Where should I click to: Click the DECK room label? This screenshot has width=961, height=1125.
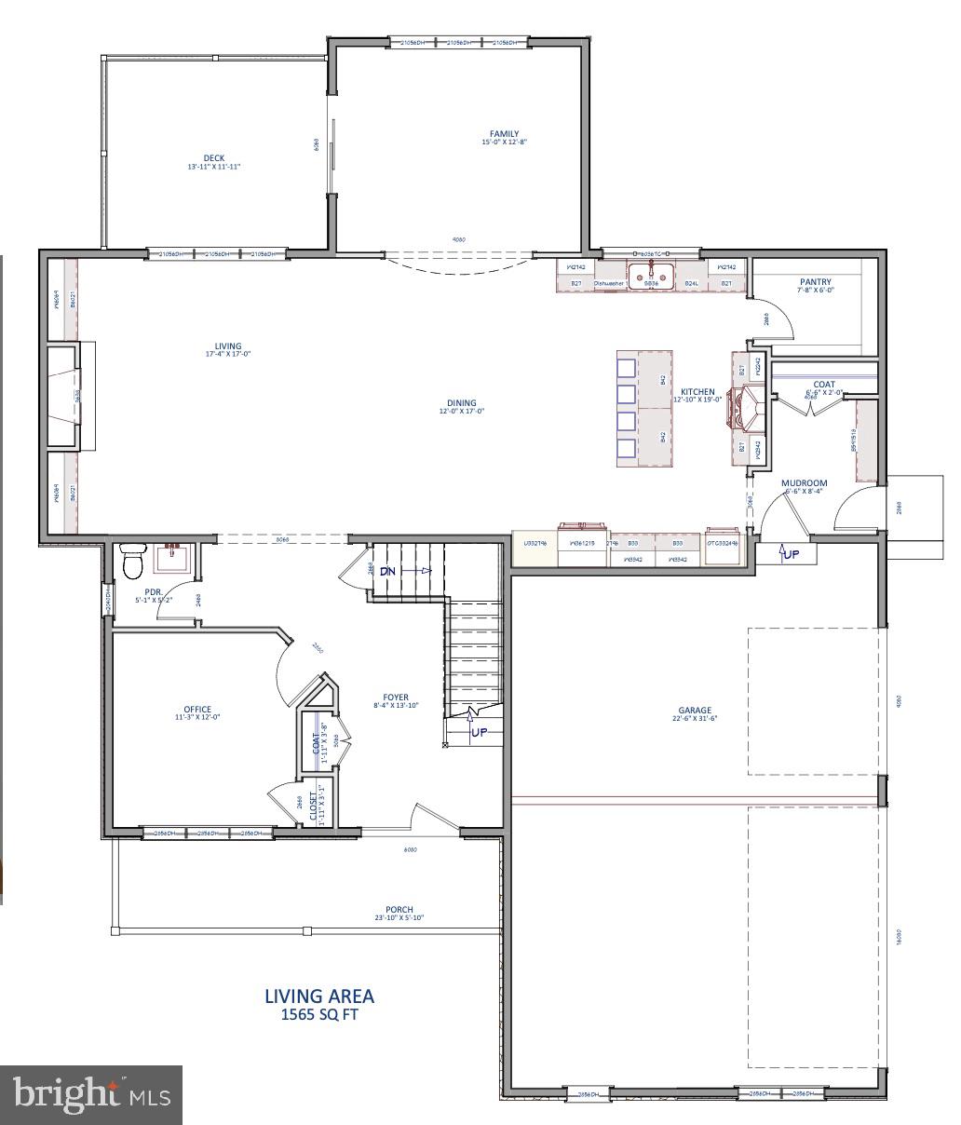(214, 158)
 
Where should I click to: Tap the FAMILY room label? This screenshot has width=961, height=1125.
(505, 134)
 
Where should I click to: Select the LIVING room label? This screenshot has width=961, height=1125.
(228, 346)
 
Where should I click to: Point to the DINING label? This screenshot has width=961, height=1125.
(461, 403)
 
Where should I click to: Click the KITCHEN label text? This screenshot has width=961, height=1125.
(697, 392)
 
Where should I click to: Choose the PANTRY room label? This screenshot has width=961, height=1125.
(815, 282)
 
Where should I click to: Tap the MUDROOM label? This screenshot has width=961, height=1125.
(804, 483)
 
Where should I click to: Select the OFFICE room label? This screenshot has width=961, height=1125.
(197, 710)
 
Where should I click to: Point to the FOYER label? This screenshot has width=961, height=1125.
(396, 697)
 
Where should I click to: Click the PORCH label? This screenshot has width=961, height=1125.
(399, 910)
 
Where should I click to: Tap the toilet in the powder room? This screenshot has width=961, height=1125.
(133, 562)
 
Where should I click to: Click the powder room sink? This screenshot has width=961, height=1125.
(173, 559)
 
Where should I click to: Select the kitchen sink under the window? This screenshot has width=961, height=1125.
(651, 276)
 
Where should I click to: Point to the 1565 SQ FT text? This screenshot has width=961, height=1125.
(319, 1015)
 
